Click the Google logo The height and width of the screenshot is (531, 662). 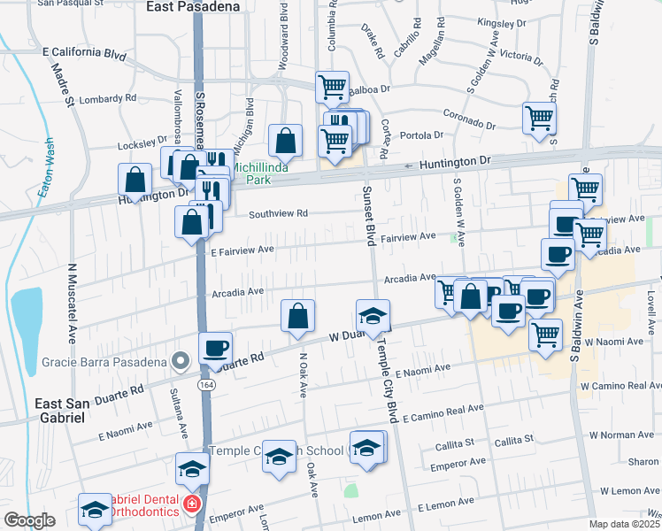point(29,520)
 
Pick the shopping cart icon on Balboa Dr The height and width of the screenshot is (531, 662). point(332,87)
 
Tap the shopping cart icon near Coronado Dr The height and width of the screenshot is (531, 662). point(539,117)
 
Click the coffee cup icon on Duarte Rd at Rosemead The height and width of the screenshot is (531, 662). point(215,348)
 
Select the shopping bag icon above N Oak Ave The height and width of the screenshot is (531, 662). point(298,316)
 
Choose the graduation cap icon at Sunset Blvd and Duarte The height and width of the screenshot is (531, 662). point(373,315)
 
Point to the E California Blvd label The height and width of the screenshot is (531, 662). point(85,53)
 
